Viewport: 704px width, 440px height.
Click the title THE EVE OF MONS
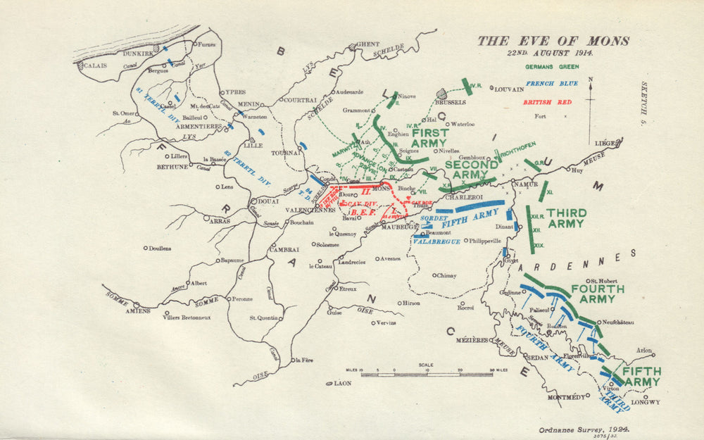pyautogui.click(x=553, y=41)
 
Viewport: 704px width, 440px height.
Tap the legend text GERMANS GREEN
pyautogui.click(x=552, y=67)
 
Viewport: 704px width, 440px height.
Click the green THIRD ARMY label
pyautogui.click(x=565, y=218)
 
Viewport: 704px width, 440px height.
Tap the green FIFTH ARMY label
pyautogui.click(x=641, y=377)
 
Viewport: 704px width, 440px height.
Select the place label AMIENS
pyautogui.click(x=138, y=310)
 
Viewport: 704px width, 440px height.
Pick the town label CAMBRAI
pyautogui.click(x=284, y=249)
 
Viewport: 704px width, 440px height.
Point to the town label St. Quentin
pyautogui.click(x=263, y=318)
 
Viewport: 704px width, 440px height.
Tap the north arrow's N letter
pyautogui.click(x=590, y=80)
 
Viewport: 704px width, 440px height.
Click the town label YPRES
pyautogui.click(x=235, y=92)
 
